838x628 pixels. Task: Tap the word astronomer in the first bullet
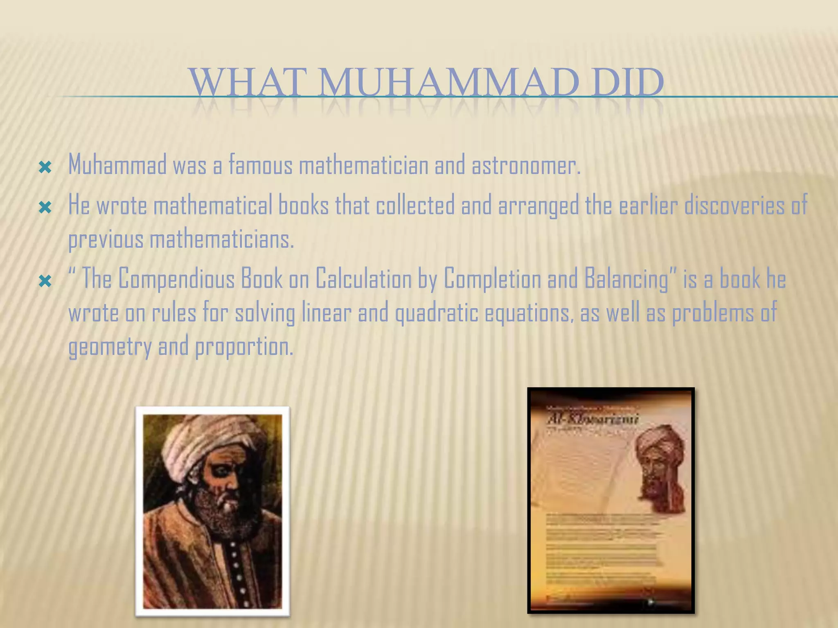(x=526, y=166)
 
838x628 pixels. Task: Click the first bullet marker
(x=45, y=167)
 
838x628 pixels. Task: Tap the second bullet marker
(x=45, y=208)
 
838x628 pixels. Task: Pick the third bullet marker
(x=45, y=281)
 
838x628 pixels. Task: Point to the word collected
(x=415, y=205)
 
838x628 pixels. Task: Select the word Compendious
(x=176, y=280)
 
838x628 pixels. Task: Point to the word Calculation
(x=363, y=279)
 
